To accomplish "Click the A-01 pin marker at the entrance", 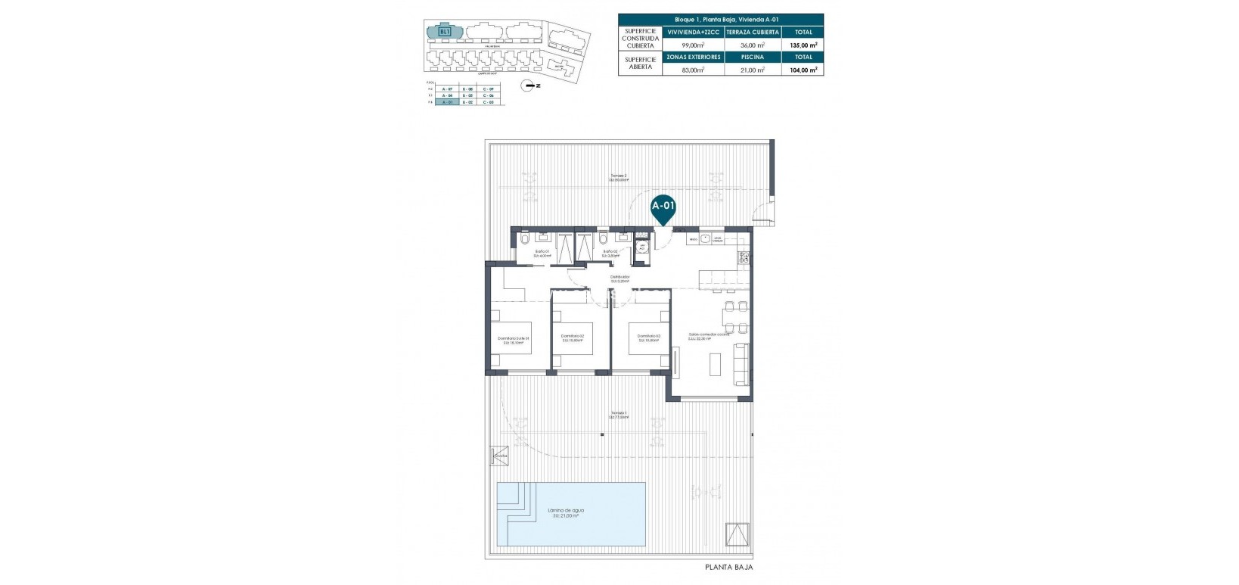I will (663, 209).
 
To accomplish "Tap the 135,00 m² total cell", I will (803, 45).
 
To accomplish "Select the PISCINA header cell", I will (753, 57).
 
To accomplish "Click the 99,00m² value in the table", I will (693, 45).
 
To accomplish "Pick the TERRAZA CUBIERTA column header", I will (753, 33).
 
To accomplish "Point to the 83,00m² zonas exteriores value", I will (693, 70).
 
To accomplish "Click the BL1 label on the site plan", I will (445, 32).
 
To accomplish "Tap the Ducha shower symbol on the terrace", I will (500, 456).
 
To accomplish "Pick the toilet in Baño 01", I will (525, 241).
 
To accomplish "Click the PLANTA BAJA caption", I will (728, 567).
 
